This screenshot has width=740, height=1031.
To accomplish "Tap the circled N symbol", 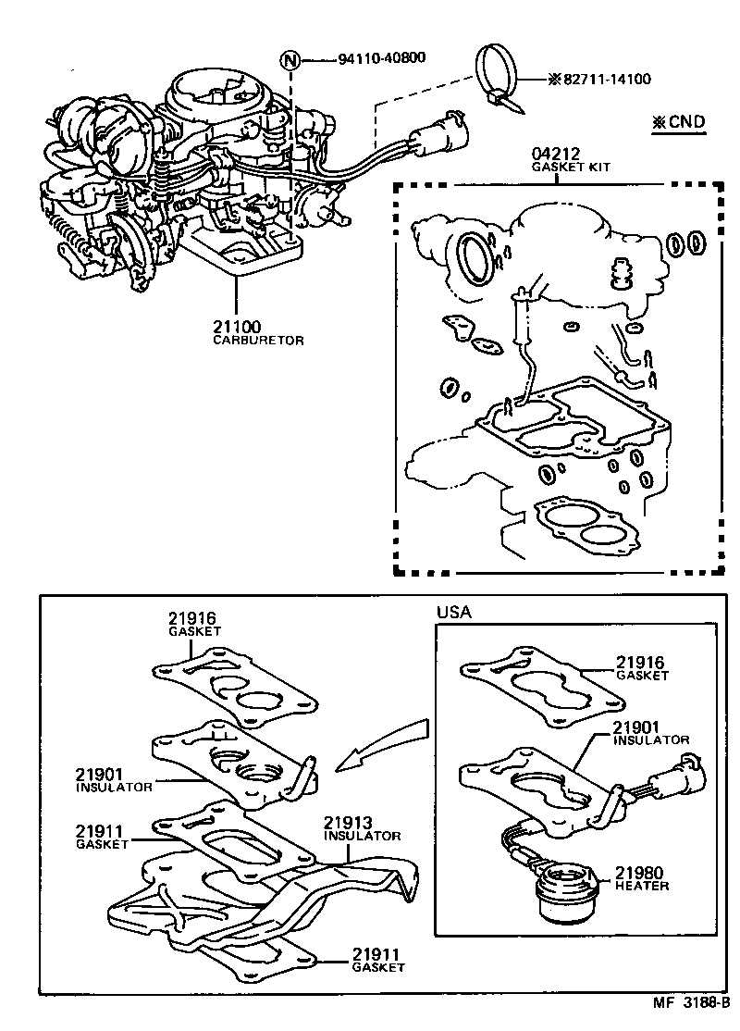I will pyautogui.click(x=292, y=60).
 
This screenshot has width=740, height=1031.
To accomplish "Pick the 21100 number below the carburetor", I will pyautogui.click(x=237, y=327).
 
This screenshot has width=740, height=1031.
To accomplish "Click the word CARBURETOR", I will pyautogui.click(x=258, y=341).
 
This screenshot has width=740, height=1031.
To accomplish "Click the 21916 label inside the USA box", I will pyautogui.click(x=641, y=663).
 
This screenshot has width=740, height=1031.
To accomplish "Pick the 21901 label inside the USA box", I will pyautogui.click(x=639, y=727).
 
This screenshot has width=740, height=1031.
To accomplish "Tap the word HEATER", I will pyautogui.click(x=642, y=886).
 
